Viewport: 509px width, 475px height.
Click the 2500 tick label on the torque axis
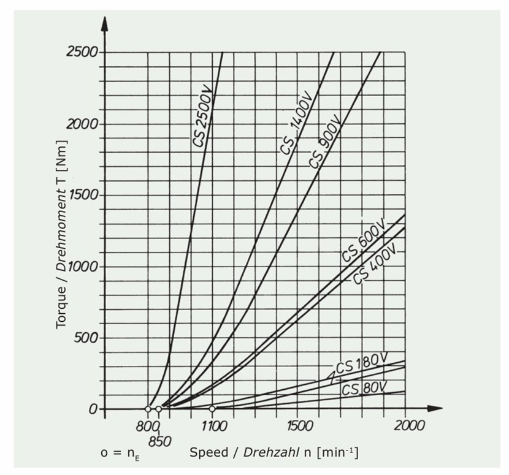(82, 52)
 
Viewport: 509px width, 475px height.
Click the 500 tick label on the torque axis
(85, 338)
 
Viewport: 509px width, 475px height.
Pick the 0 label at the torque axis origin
(93, 409)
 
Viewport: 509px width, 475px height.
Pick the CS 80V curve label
(364, 389)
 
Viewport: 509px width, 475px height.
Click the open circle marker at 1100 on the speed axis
(212, 409)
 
